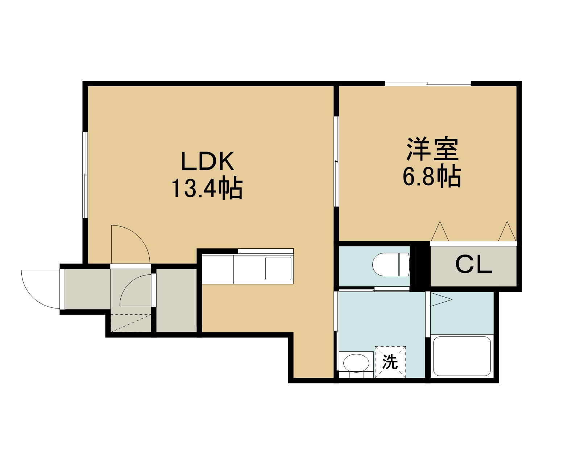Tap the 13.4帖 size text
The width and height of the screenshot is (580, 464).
click(207, 188)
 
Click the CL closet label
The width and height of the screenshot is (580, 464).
click(474, 265)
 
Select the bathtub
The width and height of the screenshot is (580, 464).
click(462, 356)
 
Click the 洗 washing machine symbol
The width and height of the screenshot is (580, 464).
click(390, 362)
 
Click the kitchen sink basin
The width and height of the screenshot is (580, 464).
click(278, 269)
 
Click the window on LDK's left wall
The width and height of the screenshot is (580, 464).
click(85, 175)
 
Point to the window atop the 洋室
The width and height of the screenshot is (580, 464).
click(428, 84)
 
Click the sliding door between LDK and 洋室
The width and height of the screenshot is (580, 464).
click(336, 162)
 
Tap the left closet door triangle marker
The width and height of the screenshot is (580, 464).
click(440, 231)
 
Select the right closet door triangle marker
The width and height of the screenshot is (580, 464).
click(507, 231)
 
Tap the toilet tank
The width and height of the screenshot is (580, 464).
click(404, 264)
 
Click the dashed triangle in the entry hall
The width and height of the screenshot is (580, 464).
click(131, 323)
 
